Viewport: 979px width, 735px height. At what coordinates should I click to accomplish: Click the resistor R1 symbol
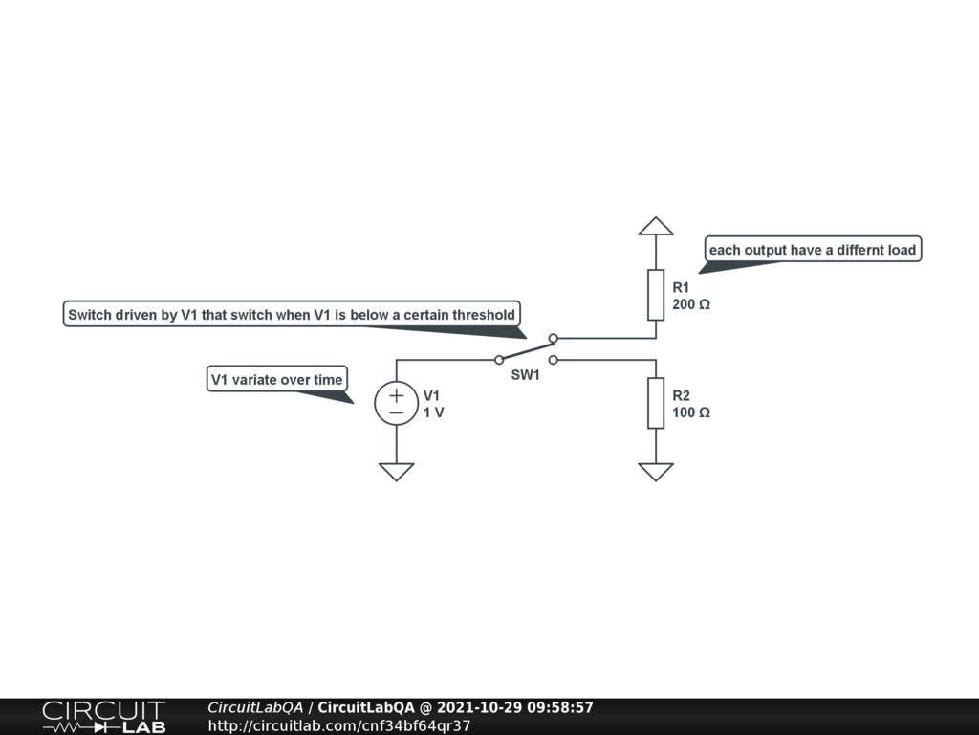click(x=656, y=295)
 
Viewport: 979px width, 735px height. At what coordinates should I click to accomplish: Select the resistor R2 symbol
click(x=656, y=403)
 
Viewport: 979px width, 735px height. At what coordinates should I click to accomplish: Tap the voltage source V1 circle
click(x=396, y=403)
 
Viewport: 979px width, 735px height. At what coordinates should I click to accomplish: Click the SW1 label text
click(x=525, y=375)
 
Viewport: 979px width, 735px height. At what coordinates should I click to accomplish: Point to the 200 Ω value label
click(x=691, y=304)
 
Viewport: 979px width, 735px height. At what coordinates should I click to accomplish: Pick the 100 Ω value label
click(x=691, y=412)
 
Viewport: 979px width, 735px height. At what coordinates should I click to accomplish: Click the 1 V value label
click(x=434, y=412)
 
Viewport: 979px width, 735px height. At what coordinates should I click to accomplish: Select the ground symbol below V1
click(x=396, y=471)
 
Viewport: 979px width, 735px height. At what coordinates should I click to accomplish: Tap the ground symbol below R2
click(x=656, y=471)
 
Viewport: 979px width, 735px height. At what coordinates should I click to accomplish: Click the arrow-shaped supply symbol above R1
click(x=656, y=226)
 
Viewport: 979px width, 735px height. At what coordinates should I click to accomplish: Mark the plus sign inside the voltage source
click(x=396, y=393)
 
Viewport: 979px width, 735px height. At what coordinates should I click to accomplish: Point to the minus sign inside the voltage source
click(x=396, y=412)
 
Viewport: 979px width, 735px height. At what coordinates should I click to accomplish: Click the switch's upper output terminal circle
click(x=554, y=338)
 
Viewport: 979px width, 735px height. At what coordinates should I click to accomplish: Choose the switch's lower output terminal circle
click(x=554, y=360)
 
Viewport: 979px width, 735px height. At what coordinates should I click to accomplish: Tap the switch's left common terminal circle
click(x=498, y=360)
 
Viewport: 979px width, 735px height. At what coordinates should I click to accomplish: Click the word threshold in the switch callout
click(x=483, y=314)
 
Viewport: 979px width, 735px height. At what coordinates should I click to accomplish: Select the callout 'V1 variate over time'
click(x=277, y=379)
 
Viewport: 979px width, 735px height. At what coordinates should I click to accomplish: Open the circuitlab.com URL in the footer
click(x=338, y=725)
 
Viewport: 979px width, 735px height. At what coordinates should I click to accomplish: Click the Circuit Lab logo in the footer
click(x=103, y=716)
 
